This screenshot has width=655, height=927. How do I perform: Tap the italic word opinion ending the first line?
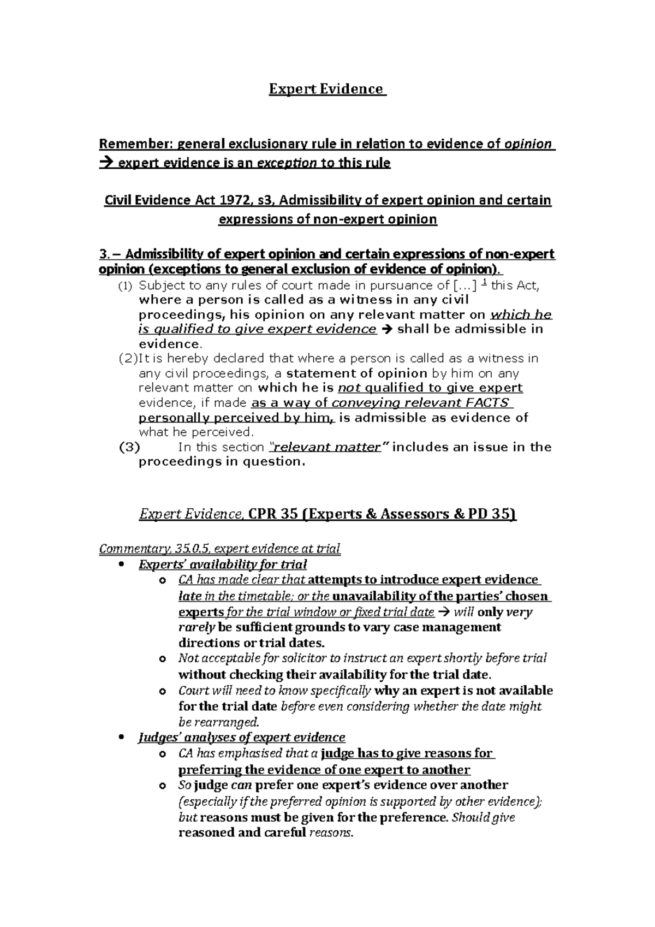click(x=528, y=144)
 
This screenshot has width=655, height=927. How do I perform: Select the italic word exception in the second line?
click(x=287, y=163)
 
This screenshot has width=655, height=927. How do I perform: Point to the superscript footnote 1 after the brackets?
click(x=485, y=283)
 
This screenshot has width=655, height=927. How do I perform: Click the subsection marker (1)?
click(x=125, y=286)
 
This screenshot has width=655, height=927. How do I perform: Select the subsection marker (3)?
click(x=129, y=447)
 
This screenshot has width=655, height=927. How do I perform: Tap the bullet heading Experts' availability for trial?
click(x=223, y=564)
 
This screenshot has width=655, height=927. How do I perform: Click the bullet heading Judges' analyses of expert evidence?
click(x=242, y=738)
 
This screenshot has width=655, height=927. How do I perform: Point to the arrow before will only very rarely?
click(x=444, y=612)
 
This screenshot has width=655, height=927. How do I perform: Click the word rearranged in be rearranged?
click(x=230, y=722)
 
